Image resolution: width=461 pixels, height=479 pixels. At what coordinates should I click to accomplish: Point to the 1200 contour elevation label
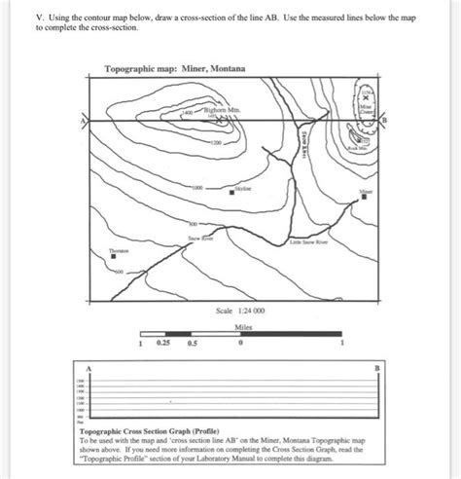pyautogui.click(x=216, y=142)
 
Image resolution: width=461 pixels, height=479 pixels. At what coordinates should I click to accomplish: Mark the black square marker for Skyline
pyautogui.click(x=232, y=193)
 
